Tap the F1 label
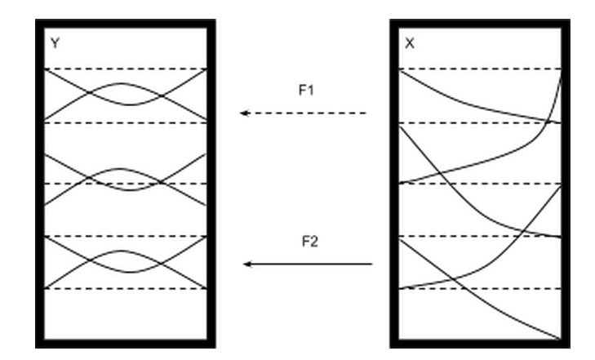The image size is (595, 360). click(306, 91)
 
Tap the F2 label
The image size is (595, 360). click(309, 242)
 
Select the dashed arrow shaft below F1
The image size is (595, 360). click(310, 113)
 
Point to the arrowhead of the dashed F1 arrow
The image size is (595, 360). click(244, 113)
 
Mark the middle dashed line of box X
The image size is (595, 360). click(490, 184)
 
